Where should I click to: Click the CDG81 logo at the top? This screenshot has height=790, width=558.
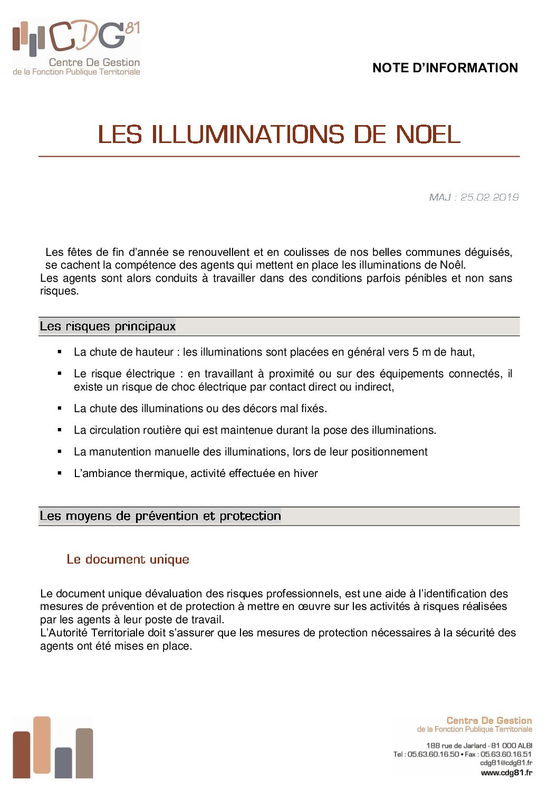click(x=76, y=47)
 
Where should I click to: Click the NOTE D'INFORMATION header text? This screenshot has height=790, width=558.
click(x=445, y=68)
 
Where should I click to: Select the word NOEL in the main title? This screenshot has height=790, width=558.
click(x=428, y=135)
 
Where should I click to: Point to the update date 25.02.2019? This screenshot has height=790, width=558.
click(x=489, y=197)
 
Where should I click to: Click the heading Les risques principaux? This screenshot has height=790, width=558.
click(x=108, y=327)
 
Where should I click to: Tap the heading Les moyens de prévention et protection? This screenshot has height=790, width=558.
click(x=160, y=516)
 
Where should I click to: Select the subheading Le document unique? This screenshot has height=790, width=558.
click(x=128, y=559)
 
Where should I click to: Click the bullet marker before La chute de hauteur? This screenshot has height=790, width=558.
click(x=60, y=351)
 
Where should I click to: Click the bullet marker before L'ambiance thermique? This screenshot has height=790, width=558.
click(x=60, y=473)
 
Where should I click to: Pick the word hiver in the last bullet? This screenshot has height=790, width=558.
click(x=305, y=473)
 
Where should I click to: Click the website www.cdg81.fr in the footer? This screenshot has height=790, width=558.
click(x=506, y=773)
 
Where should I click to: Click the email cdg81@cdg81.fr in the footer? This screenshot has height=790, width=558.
click(x=506, y=763)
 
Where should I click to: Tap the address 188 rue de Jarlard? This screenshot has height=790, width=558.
click(x=456, y=746)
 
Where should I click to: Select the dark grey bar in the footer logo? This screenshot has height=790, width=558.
click(x=63, y=763)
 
